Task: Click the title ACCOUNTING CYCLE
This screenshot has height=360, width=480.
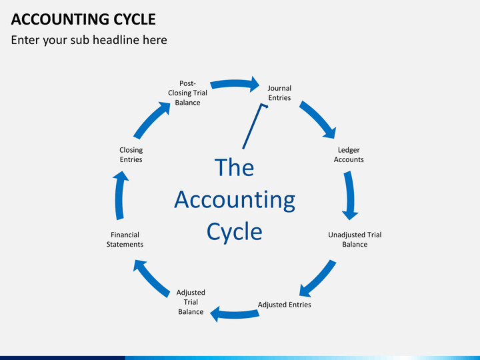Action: coord(83,19)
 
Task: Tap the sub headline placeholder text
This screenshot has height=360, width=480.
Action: coord(89,40)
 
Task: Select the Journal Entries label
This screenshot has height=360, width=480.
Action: coord(279,93)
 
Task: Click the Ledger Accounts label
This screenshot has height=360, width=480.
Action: coord(349,155)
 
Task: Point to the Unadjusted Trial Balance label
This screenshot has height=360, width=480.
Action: coord(355,239)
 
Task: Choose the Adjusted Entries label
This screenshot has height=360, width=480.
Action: coord(285,305)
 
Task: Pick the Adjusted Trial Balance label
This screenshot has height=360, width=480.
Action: coord(191,302)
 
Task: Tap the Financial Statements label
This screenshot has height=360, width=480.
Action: coord(125,239)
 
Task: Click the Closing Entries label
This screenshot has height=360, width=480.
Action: coord(131,155)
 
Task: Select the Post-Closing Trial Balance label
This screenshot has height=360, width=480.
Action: coord(187,93)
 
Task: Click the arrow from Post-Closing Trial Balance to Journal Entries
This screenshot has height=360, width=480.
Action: coord(234,83)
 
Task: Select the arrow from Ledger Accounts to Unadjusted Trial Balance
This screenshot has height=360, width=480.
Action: coord(350,195)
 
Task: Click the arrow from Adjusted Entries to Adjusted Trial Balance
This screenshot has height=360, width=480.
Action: coord(235,314)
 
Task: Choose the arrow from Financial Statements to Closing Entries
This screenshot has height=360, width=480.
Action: coord(120,195)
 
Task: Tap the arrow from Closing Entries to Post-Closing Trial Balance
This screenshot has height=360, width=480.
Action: coord(151,119)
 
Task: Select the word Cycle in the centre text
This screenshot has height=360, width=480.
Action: coord(235,232)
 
